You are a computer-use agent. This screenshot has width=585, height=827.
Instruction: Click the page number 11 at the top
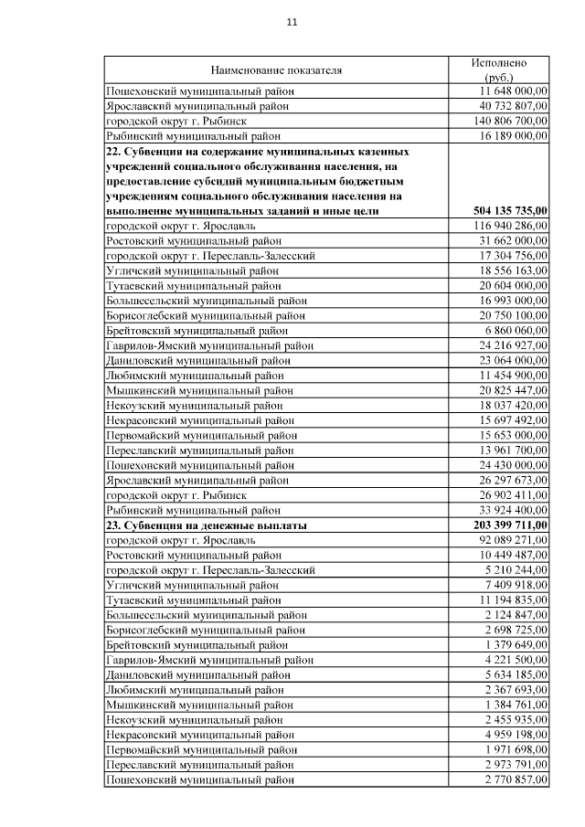click(x=292, y=22)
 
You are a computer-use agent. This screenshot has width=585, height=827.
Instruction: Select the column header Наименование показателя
click(x=276, y=69)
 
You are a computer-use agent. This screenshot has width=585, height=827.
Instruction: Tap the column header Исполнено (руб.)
click(x=499, y=70)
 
